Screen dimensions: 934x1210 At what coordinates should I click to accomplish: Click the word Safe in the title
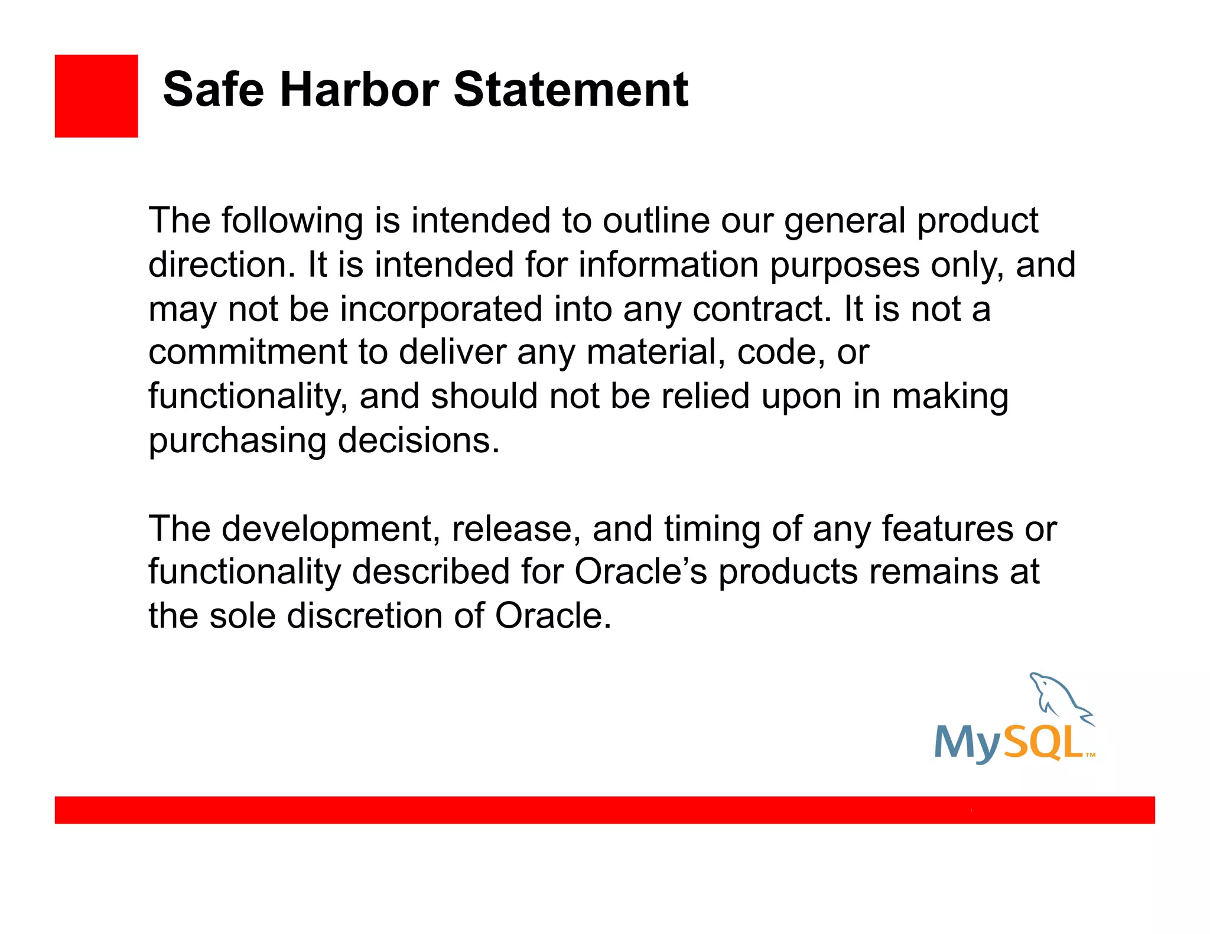[x=213, y=90]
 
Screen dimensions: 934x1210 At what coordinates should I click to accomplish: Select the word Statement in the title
[x=571, y=90]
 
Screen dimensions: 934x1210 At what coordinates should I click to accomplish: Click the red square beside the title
[x=96, y=96]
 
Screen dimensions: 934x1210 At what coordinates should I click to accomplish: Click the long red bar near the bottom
[x=604, y=809]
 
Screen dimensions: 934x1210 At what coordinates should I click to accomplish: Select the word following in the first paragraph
[x=292, y=221]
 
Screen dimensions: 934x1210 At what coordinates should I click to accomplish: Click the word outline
[x=656, y=221]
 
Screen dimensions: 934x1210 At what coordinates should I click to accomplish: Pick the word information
[x=668, y=265]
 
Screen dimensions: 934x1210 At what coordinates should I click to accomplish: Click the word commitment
[x=248, y=352]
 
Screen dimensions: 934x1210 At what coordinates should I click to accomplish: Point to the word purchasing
[x=237, y=441]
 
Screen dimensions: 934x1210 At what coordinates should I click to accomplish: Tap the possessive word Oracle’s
[x=640, y=572]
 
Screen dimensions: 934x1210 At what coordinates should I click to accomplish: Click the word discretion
[x=365, y=616]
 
